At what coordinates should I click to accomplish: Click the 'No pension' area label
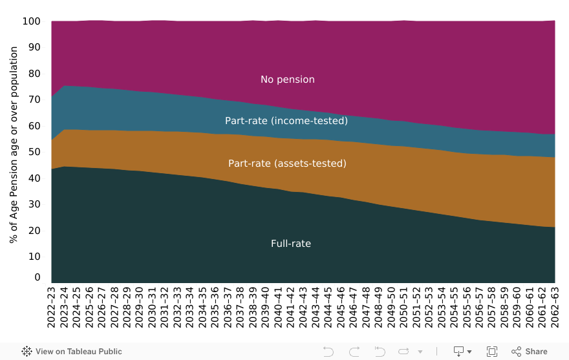point(287,79)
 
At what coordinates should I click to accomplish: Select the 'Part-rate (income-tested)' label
point(286,121)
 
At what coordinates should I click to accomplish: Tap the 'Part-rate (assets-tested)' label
point(287,164)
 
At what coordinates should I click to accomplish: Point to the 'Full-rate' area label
point(290,244)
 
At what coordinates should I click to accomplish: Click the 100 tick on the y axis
point(32,21)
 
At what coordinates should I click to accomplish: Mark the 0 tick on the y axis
point(38,278)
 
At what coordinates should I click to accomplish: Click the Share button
point(530,352)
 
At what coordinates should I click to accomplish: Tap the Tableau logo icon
point(27,352)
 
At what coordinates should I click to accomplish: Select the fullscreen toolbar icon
point(491,352)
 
